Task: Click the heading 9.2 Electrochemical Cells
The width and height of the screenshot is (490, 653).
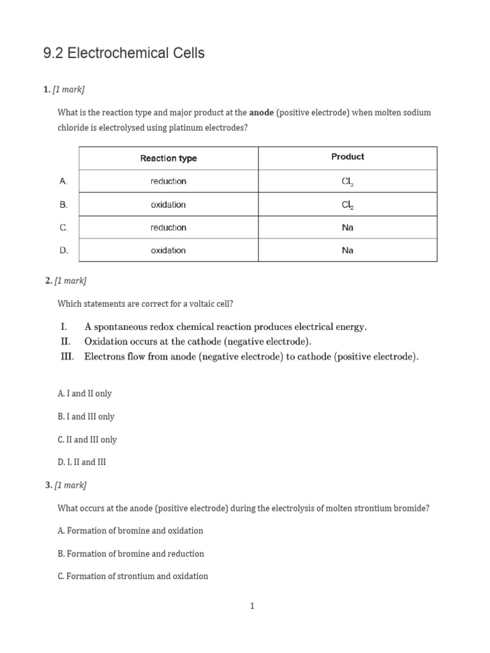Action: pyautogui.click(x=124, y=54)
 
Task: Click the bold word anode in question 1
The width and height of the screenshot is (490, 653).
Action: pyautogui.click(x=261, y=112)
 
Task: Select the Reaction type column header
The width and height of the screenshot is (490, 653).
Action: pyautogui.click(x=168, y=158)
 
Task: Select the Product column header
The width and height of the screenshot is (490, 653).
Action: pyautogui.click(x=348, y=157)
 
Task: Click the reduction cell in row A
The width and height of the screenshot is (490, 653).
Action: pyautogui.click(x=168, y=182)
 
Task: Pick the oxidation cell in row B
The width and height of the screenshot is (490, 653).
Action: pyautogui.click(x=168, y=205)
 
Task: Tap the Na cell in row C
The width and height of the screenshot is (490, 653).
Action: pyautogui.click(x=348, y=228)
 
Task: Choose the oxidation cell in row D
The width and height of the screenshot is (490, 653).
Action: pyautogui.click(x=168, y=251)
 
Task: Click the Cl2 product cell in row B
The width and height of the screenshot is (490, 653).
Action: pyautogui.click(x=348, y=205)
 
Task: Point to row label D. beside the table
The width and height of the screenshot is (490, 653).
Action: pyautogui.click(x=64, y=251)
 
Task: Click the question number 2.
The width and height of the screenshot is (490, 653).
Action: pyautogui.click(x=48, y=281)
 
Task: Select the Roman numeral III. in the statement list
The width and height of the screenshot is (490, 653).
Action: pyautogui.click(x=68, y=357)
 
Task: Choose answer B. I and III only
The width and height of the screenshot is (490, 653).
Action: pyautogui.click(x=86, y=416)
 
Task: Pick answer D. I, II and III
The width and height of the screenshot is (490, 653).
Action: pyautogui.click(x=82, y=462)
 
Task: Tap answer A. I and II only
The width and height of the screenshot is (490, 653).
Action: pyautogui.click(x=85, y=393)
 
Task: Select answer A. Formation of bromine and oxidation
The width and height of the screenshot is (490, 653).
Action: pyautogui.click(x=130, y=531)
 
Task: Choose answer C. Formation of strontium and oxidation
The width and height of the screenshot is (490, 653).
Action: pyautogui.click(x=133, y=576)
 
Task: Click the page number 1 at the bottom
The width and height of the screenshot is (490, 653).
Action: pyautogui.click(x=252, y=606)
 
